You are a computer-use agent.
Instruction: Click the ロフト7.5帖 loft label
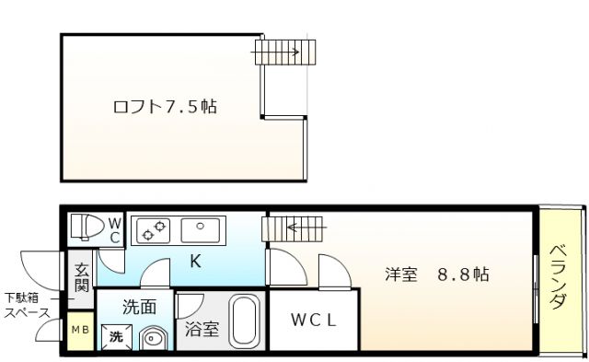pos(165,106)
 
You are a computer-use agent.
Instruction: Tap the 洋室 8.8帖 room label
pos(437,274)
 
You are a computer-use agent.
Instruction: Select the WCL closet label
pos(314,321)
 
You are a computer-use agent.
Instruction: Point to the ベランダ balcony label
pos(558,277)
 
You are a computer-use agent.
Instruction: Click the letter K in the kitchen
pos(195,261)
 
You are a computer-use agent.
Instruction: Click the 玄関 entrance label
pos(81,276)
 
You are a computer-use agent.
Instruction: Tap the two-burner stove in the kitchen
pos(152,229)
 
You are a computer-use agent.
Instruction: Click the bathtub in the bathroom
pos(243,322)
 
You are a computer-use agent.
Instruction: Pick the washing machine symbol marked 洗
pos(118,337)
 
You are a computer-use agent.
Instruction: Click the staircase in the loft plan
pos(284,52)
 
